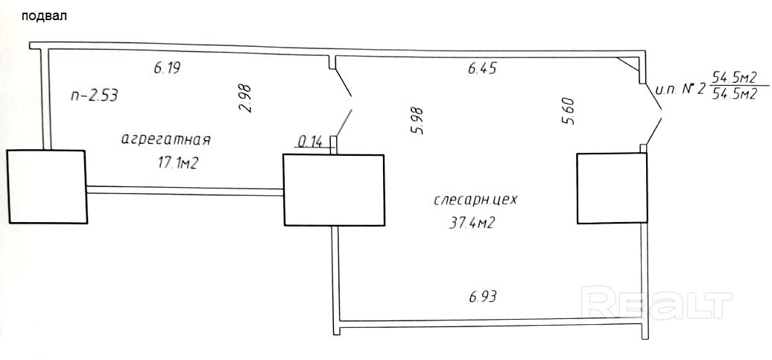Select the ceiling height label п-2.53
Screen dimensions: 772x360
[93, 95]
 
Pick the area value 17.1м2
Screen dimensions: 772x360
[171, 163]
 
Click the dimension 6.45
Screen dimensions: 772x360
[482, 68]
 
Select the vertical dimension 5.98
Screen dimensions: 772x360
[417, 121]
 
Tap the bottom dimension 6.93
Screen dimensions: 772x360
[483, 296]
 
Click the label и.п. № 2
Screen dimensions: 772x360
[679, 89]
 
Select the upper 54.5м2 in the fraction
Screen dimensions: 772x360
[735, 77]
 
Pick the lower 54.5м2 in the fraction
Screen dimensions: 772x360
[735, 94]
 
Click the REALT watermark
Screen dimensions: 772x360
[656, 303]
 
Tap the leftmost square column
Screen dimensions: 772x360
[46, 186]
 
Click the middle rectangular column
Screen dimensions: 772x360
[334, 189]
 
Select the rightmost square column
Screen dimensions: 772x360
[611, 187]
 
